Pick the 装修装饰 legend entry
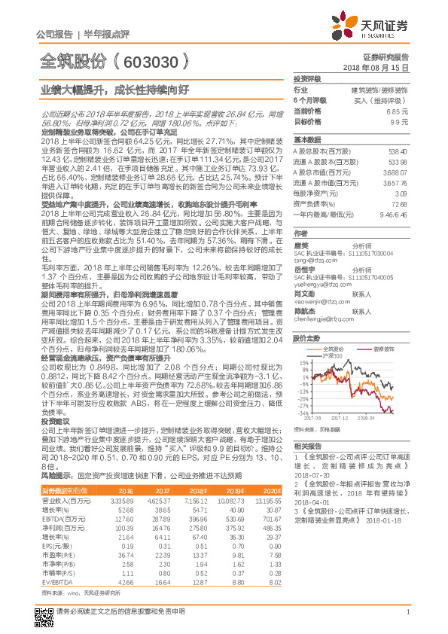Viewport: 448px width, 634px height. click(x=385, y=349)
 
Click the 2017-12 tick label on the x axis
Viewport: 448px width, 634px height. click(x=339, y=416)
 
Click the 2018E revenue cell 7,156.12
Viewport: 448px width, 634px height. click(x=197, y=499)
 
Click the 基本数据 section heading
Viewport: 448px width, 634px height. click(x=306, y=140)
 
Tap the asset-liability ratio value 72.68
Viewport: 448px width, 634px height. click(x=398, y=203)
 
